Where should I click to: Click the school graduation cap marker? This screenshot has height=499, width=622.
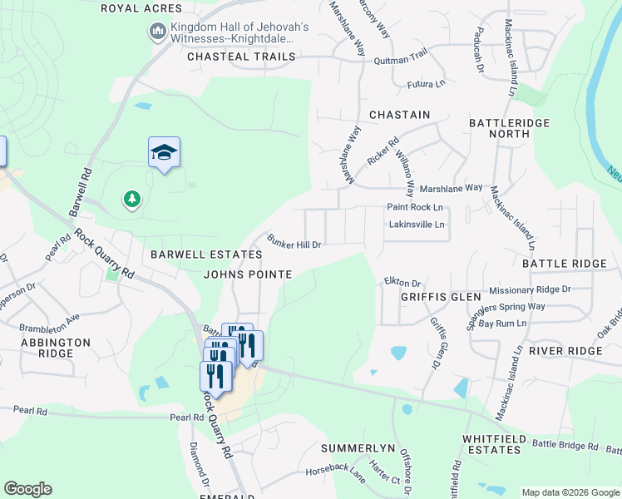(165, 152)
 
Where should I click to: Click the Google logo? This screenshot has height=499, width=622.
(27, 489)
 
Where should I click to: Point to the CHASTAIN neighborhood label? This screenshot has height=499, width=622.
(399, 115)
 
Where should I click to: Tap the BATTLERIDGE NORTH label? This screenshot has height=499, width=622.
(499, 127)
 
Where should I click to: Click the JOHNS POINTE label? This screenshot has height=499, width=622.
(248, 274)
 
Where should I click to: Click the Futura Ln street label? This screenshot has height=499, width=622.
(426, 85)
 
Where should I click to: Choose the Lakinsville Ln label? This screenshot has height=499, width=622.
(417, 225)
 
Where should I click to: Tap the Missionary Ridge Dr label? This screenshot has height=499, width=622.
(530, 289)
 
